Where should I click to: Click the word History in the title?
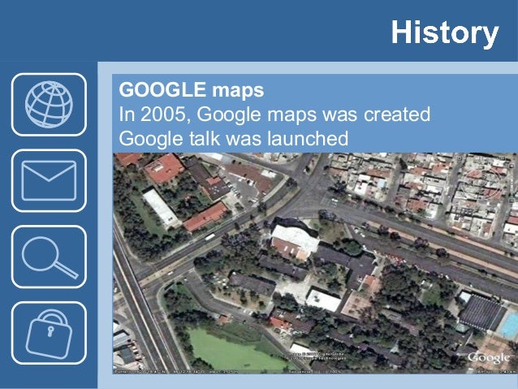click(x=443, y=33)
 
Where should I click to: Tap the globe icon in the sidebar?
click(x=49, y=104)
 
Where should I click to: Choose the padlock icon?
click(x=49, y=332)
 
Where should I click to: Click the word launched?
click(x=305, y=139)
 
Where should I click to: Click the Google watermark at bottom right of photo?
click(x=489, y=357)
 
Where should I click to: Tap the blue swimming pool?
click(x=508, y=326)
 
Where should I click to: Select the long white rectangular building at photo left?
click(x=161, y=208)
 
